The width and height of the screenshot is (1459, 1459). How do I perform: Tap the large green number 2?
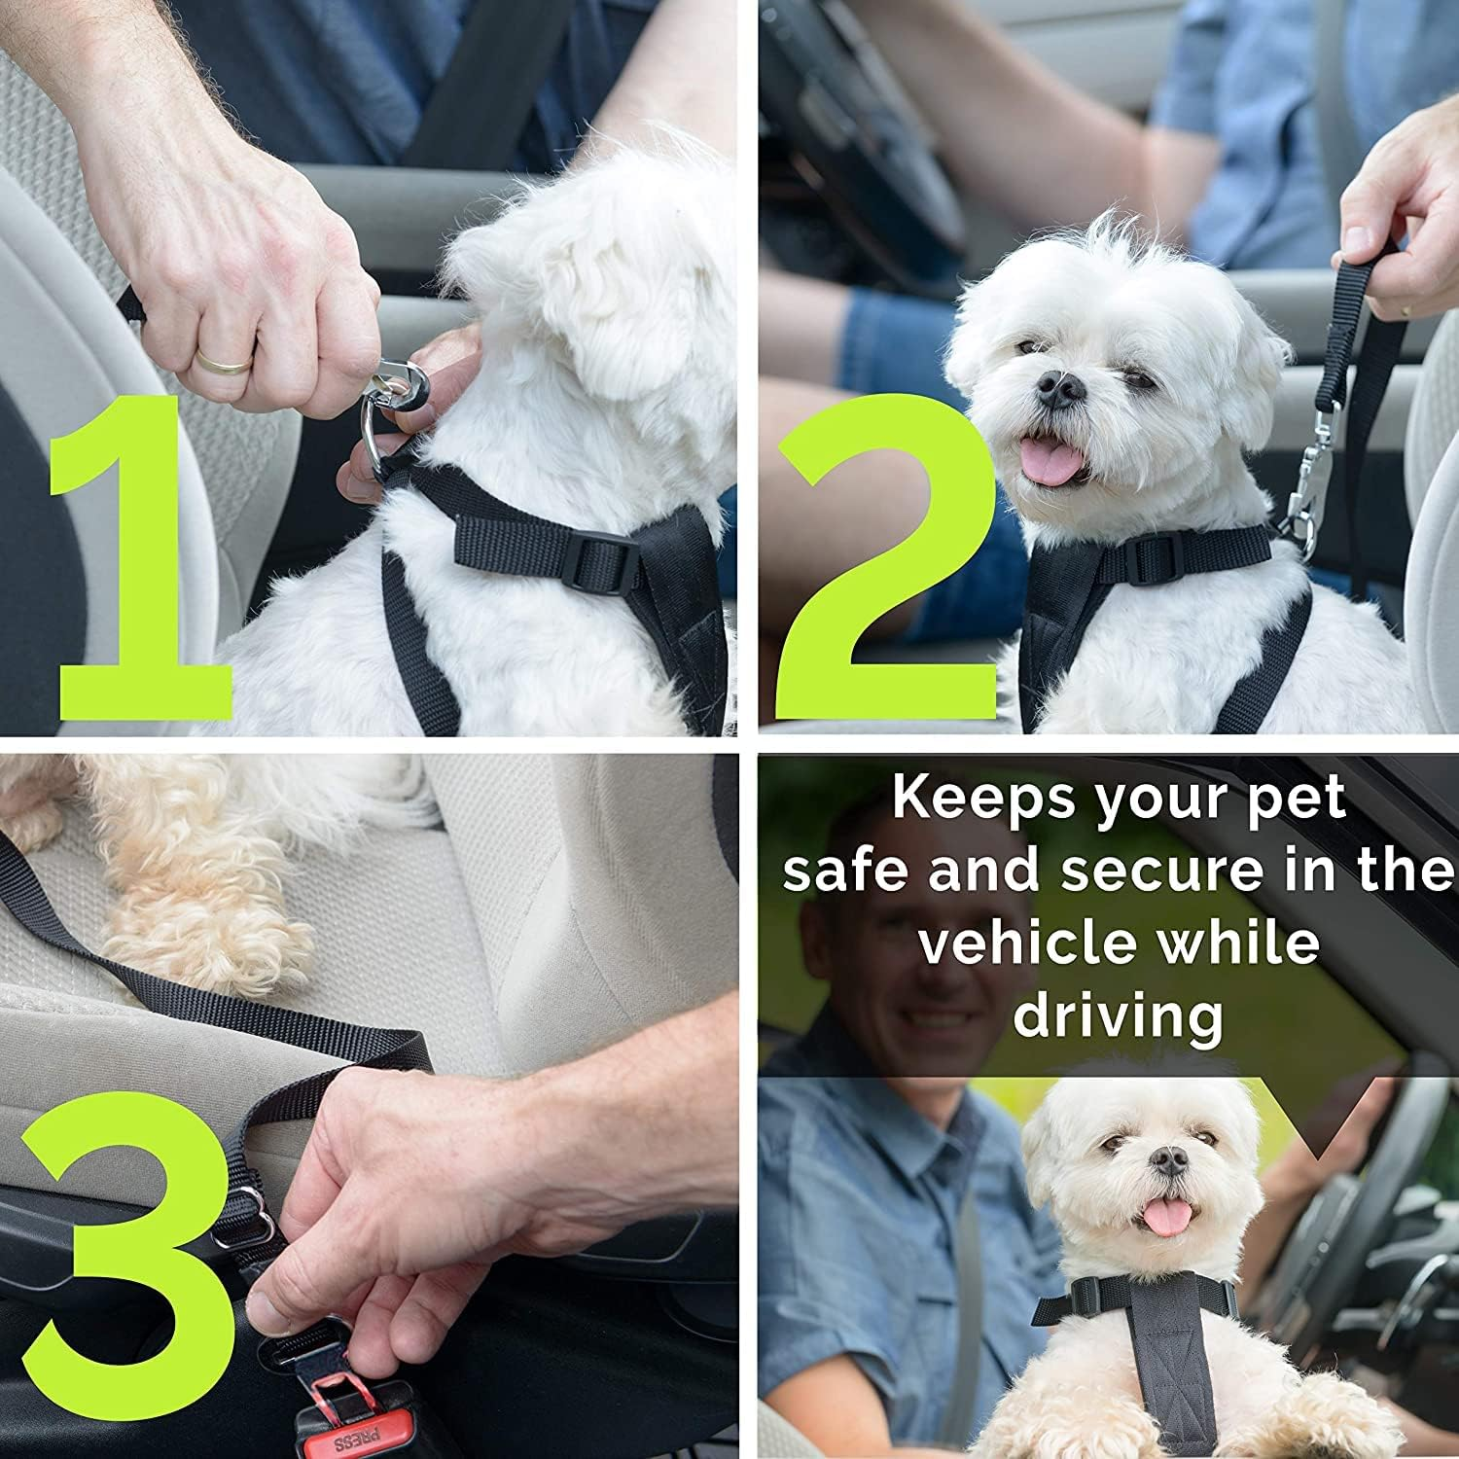(880, 574)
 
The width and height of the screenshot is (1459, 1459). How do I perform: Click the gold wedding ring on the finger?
(225, 359)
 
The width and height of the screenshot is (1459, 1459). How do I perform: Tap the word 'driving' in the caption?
(1118, 1016)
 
